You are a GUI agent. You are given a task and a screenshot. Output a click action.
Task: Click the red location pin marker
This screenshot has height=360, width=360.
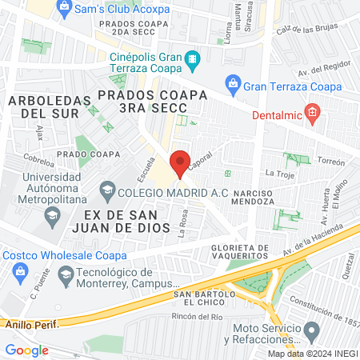point(181,163)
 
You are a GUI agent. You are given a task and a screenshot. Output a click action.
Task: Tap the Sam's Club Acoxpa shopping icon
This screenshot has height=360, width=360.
point(65,6)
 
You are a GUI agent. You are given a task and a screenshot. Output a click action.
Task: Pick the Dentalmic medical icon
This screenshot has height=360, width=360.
point(313,110)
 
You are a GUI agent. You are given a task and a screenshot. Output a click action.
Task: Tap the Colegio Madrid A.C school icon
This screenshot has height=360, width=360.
point(106,190)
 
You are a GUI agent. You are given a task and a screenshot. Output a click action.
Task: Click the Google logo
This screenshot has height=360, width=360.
point(26,350)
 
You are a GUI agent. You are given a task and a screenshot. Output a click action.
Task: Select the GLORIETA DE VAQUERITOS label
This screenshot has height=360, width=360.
point(240,251)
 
